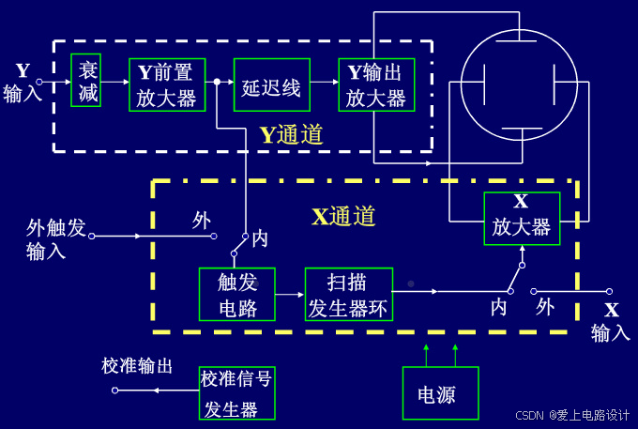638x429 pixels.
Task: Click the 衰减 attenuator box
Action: (x=86, y=80)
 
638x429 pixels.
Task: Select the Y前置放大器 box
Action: (x=167, y=84)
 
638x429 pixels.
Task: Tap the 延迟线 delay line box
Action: (x=271, y=85)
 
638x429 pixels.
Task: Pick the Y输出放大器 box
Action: (x=375, y=84)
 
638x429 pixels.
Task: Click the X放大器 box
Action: (x=522, y=219)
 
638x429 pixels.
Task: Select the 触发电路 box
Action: (x=236, y=294)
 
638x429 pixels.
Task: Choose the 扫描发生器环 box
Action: (x=348, y=294)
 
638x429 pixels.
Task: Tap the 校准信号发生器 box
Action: (x=237, y=393)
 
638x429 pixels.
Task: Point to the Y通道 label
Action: (x=291, y=135)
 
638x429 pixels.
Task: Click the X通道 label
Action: (x=343, y=217)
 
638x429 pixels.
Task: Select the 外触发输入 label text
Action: (x=55, y=238)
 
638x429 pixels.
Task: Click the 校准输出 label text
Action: (x=137, y=366)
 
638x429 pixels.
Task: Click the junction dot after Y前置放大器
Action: (x=217, y=83)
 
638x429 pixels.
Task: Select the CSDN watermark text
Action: (x=572, y=415)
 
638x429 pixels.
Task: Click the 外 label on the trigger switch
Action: (x=202, y=220)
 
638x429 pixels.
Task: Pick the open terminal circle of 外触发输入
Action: (x=92, y=237)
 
